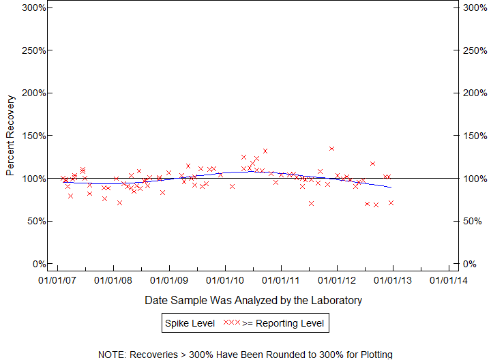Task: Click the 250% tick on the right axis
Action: click(456, 50)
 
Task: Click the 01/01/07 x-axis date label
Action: click(57, 280)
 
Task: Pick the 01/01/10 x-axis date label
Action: click(225, 280)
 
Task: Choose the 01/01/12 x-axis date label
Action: click(337, 280)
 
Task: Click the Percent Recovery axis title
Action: click(10, 136)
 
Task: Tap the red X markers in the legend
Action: click(232, 322)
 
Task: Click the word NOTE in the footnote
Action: click(111, 355)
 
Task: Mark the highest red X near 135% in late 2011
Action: click(332, 149)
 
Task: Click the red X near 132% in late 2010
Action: click(265, 151)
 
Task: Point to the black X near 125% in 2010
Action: click(243, 157)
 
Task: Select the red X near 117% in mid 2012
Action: click(373, 164)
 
